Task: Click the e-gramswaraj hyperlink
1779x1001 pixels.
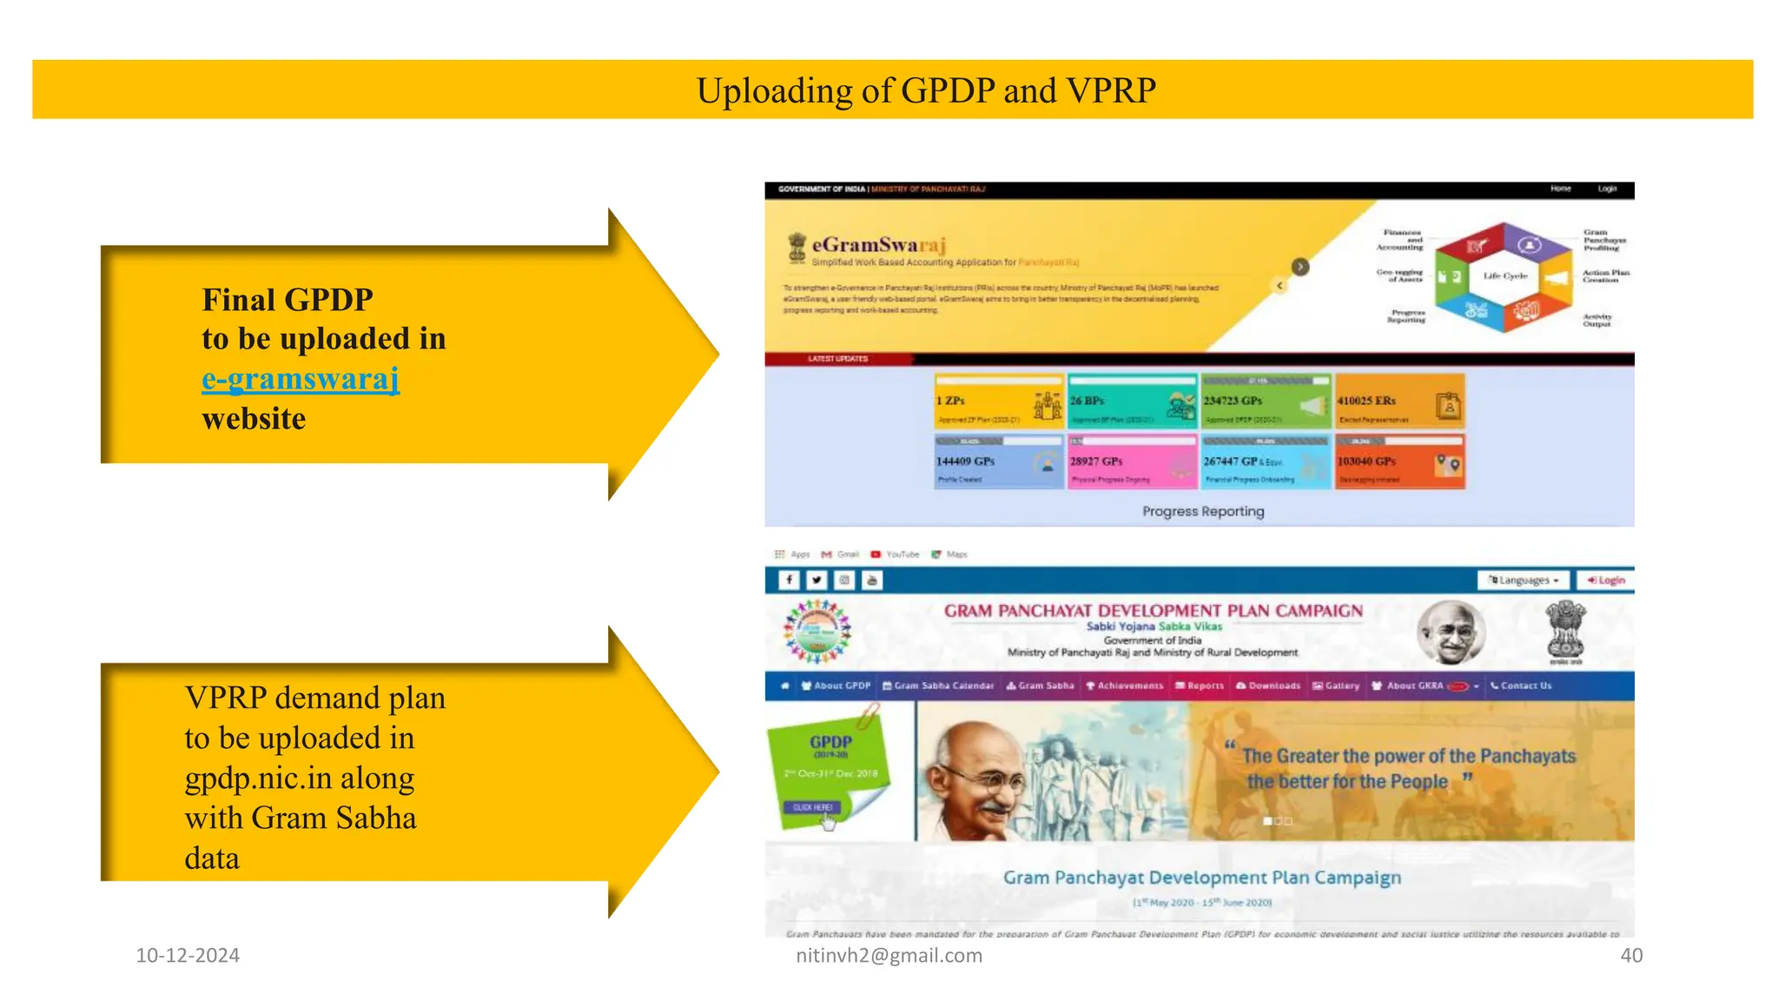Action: click(301, 379)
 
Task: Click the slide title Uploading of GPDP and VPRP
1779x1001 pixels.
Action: click(926, 90)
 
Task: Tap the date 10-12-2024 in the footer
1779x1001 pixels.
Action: click(188, 955)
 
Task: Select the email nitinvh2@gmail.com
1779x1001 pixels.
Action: click(889, 955)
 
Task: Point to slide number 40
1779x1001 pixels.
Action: click(1631, 955)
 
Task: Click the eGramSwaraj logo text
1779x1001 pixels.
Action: click(878, 245)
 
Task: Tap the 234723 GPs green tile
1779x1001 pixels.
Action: click(1265, 401)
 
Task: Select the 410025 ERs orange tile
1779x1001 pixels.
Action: click(1399, 401)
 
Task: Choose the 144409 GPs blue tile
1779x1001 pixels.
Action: click(998, 462)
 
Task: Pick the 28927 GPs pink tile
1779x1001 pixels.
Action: click(1132, 462)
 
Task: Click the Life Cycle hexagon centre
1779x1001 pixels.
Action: click(1505, 276)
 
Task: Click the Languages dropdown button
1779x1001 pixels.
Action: click(1524, 580)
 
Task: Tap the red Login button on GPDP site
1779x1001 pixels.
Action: click(1606, 580)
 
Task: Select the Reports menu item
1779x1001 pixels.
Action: click(1200, 686)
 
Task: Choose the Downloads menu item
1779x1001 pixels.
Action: click(1268, 686)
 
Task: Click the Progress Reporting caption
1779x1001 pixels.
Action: click(1203, 511)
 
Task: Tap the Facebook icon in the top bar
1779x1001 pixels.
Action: click(789, 580)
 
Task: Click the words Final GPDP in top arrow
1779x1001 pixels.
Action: click(288, 300)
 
